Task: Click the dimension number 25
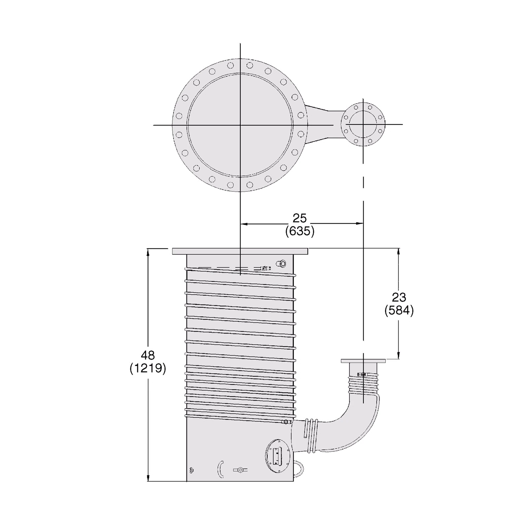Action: click(300, 218)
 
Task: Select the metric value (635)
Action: click(300, 231)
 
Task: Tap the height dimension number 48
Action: click(148, 355)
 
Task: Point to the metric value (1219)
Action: click(148, 368)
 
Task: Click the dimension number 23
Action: click(399, 297)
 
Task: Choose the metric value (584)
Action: click(399, 310)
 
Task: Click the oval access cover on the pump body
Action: click(278, 457)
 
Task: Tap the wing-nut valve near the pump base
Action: click(240, 470)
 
